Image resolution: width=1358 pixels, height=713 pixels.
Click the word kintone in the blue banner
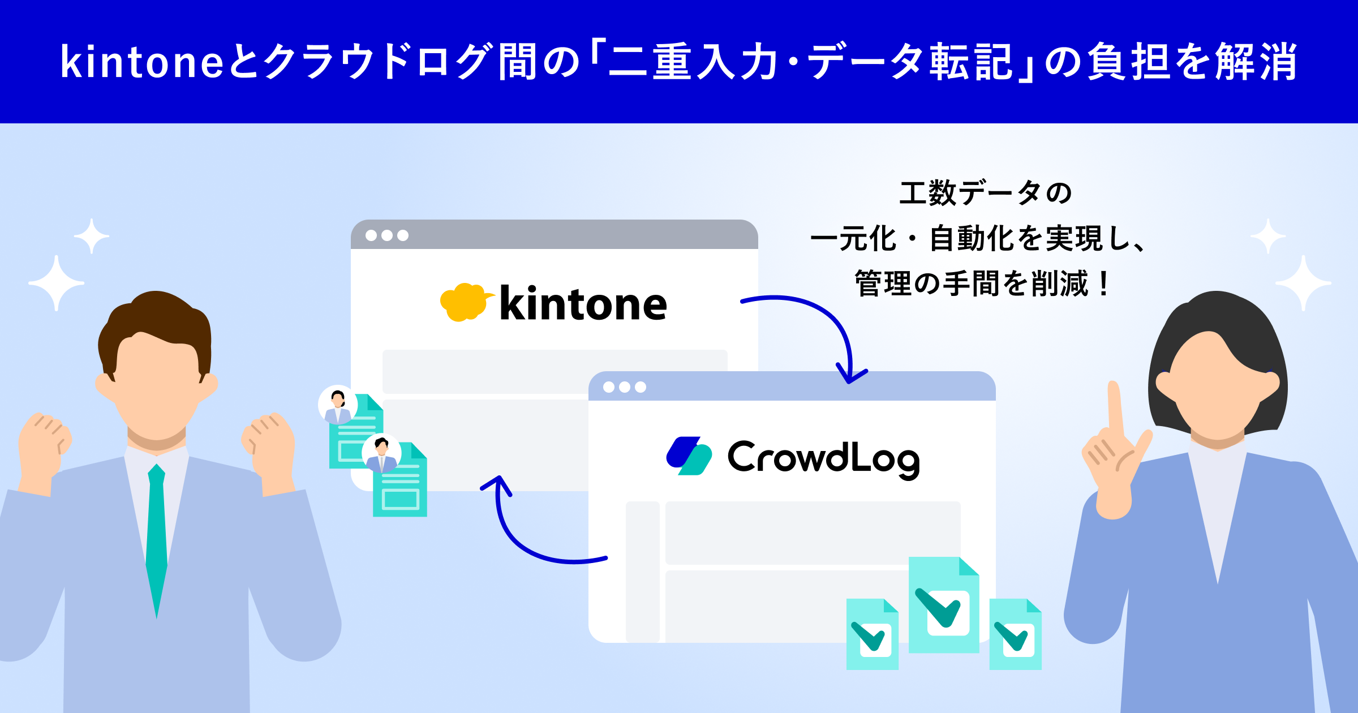pos(142,61)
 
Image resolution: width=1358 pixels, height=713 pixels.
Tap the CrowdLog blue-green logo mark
pos(689,456)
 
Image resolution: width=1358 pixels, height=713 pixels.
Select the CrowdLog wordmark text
pos(823,458)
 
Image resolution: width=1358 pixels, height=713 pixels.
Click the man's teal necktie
pos(156,538)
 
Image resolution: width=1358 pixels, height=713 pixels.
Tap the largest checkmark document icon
pos(944,605)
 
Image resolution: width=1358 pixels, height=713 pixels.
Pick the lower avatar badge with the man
pos(382,453)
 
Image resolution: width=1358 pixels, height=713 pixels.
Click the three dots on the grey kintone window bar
pos(387,235)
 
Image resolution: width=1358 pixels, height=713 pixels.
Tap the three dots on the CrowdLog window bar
pos(625,387)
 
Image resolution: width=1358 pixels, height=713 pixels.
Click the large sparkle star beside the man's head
pos(56,283)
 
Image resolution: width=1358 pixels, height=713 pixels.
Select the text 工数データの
pos(986,193)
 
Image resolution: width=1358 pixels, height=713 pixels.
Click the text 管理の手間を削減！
pos(985,284)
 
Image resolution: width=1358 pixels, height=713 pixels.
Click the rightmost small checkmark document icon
pos(1016,634)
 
